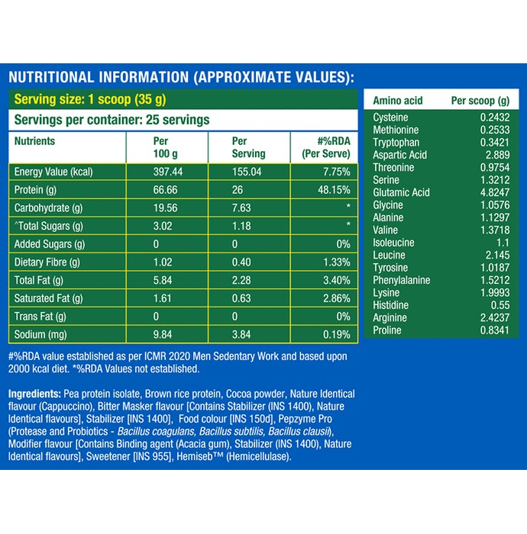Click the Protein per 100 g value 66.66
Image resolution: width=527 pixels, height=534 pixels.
coord(165,190)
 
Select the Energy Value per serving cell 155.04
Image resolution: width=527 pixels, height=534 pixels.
coord(247,172)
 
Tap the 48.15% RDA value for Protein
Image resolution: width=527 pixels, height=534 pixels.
coord(334,190)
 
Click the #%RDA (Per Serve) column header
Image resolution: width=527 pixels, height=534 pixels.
coord(326,147)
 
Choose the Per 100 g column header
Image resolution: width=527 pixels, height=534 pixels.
coord(165,147)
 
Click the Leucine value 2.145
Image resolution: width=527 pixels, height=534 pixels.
coord(497,255)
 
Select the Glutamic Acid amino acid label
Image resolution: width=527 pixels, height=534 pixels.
coord(401,192)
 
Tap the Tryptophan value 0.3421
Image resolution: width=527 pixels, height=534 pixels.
coord(495,143)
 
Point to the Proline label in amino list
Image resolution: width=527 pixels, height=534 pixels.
coord(387,330)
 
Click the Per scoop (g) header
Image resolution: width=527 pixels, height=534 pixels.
coord(480,101)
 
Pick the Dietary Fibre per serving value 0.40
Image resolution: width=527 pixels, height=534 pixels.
coord(241,262)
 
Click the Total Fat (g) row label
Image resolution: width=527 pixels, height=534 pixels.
coord(39,280)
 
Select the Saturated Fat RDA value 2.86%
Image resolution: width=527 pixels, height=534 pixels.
coord(337,298)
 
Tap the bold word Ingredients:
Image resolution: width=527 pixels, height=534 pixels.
coord(35,394)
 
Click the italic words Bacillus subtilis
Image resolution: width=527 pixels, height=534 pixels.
coord(231,432)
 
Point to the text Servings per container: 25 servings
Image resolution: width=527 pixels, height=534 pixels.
coord(112,120)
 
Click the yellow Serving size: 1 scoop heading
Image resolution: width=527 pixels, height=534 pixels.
coord(90,99)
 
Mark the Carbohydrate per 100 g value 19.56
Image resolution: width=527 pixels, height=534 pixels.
coord(165,207)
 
